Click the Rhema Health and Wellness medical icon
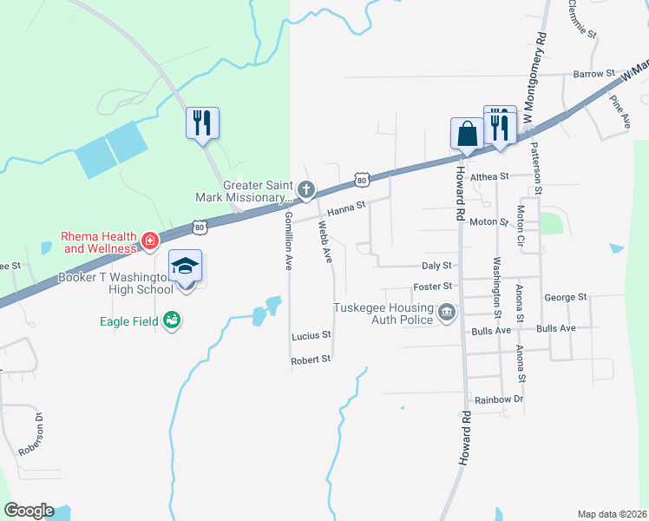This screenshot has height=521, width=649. click(149, 238)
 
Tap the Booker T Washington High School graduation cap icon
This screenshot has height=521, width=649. click(184, 266)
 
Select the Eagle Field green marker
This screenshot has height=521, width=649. click(173, 321)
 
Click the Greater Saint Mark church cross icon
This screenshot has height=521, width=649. click(305, 189)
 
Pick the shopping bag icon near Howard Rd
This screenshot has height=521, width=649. click(467, 134)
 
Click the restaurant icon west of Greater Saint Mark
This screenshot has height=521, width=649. click(202, 122)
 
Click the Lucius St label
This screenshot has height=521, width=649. click(311, 334)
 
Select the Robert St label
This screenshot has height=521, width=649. click(311, 359)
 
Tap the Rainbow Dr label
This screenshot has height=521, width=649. click(500, 399)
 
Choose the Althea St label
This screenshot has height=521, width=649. click(488, 176)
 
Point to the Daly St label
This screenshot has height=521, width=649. click(436, 266)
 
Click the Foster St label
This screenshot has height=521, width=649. click(435, 286)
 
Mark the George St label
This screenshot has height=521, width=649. click(566, 297)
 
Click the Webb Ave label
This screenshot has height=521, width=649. click(325, 242)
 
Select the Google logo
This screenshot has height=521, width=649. click(29, 511)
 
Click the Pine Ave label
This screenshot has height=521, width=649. click(620, 112)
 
